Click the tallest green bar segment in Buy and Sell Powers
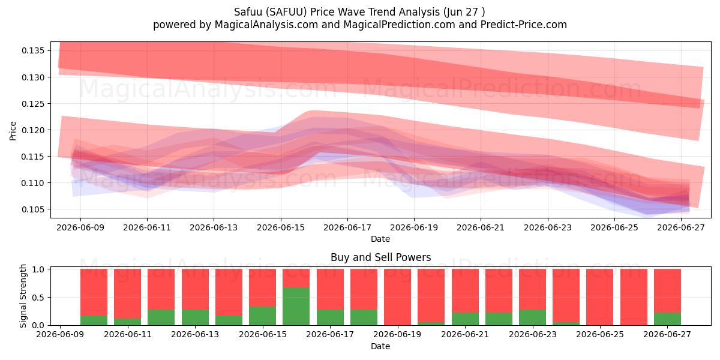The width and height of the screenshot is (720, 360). (296, 306)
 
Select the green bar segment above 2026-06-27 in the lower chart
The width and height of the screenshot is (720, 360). (667, 319)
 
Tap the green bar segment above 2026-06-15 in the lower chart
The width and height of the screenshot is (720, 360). (262, 316)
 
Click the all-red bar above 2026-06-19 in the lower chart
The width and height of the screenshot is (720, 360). (397, 297)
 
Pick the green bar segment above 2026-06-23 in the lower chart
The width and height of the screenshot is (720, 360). (532, 317)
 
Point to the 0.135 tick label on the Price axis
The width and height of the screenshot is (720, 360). (33, 51)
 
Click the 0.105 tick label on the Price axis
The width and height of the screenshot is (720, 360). (33, 209)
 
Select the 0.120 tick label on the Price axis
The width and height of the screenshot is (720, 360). (33, 130)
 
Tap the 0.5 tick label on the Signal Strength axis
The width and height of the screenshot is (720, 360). (39, 298)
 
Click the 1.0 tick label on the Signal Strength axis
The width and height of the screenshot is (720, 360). (39, 269)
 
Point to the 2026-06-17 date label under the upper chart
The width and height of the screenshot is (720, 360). (347, 227)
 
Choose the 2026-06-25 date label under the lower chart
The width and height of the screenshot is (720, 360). (600, 334)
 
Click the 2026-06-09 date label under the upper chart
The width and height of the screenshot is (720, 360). (80, 227)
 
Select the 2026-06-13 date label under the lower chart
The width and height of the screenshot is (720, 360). (195, 334)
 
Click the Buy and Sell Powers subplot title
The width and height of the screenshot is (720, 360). (380, 257)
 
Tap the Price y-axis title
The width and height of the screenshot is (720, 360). (13, 131)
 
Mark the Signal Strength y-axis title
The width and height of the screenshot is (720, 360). (23, 296)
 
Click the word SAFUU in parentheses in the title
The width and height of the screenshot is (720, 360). (288, 12)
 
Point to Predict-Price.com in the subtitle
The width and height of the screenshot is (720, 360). (524, 25)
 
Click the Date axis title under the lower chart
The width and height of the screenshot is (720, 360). (380, 346)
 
